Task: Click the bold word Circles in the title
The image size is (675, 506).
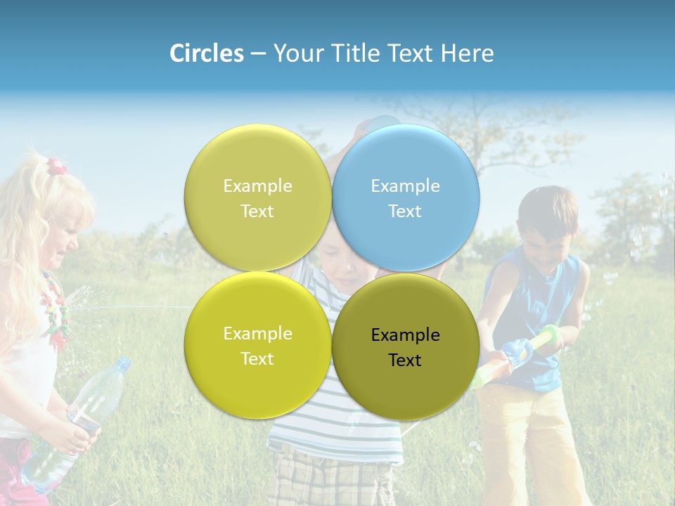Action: pos(207,53)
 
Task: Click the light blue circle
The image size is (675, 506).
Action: pos(406,197)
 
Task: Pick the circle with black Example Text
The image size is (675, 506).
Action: pos(406,346)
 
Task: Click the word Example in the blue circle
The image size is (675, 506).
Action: pos(405,186)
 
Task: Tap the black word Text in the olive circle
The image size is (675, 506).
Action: pos(405,361)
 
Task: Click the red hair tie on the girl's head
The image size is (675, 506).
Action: pos(56,167)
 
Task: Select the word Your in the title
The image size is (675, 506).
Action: pos(300,53)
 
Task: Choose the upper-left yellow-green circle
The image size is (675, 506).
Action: pos(258,197)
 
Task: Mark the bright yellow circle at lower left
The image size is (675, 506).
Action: pos(258,345)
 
